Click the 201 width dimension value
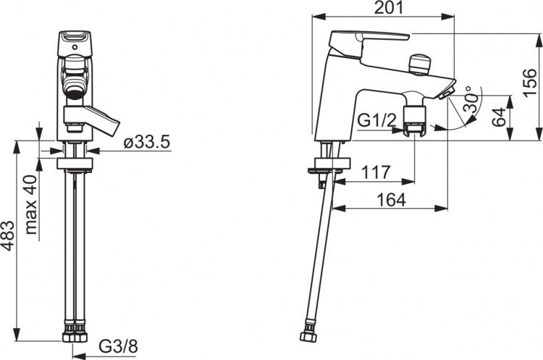pos(389,7)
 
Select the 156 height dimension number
pos(530,83)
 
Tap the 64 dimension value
pos(499,117)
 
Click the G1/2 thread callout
pos(376,120)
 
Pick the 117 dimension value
pos(376,172)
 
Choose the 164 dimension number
pos(391,199)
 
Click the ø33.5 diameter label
pos(147,142)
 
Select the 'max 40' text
pos(32,204)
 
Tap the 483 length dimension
pos(8,235)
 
